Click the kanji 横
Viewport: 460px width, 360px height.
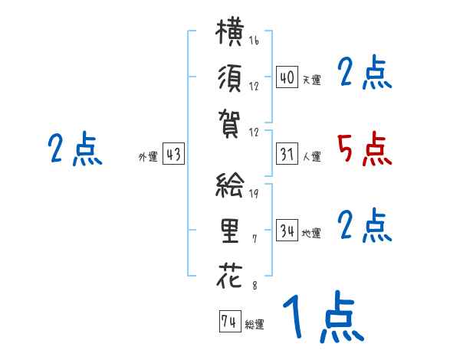pos(230,31)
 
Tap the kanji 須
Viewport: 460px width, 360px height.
pos(230,78)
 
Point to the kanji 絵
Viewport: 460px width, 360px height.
pos(230,185)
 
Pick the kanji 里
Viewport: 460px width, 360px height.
pos(230,231)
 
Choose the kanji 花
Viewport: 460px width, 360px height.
pos(230,276)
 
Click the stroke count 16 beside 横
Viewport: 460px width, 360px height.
pos(254,40)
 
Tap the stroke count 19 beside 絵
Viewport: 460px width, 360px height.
pos(254,193)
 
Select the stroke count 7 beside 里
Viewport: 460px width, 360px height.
pos(255,239)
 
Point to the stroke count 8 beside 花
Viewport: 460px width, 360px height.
pos(255,285)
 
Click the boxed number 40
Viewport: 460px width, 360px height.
pos(287,77)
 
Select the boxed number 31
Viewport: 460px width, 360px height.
pos(287,154)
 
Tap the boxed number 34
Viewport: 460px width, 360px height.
pos(287,230)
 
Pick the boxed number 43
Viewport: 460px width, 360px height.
pos(173,154)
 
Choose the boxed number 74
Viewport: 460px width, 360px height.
pos(230,321)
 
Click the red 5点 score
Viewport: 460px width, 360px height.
pos(365,149)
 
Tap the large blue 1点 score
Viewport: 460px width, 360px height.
pos(324,316)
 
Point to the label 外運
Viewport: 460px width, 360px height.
pos(148,156)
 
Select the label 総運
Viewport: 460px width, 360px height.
pos(255,325)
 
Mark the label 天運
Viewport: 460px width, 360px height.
pos(312,80)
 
